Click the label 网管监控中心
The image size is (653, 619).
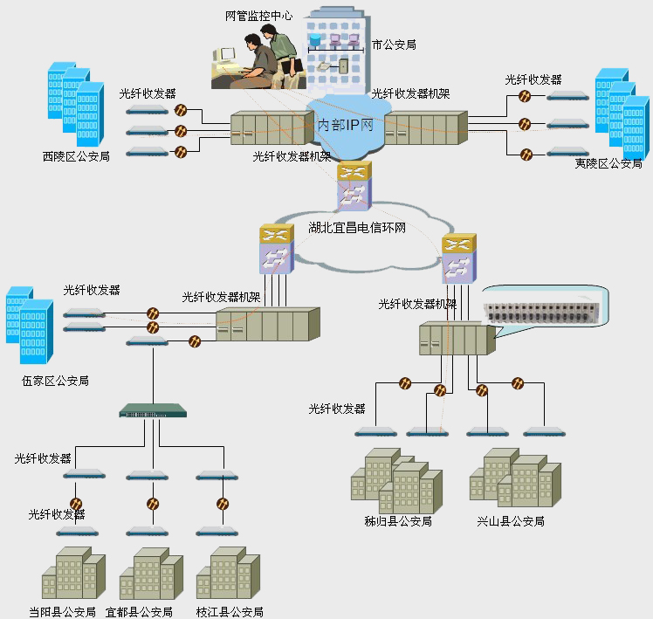tap(258, 16)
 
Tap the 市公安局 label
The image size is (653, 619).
tap(393, 44)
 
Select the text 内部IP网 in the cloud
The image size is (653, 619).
tap(345, 125)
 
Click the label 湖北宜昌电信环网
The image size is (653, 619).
tap(358, 229)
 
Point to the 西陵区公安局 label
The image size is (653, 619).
tap(76, 157)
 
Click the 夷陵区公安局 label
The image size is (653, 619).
tap(608, 163)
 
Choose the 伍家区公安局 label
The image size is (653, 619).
tap(55, 381)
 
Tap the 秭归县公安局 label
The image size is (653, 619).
tap(398, 521)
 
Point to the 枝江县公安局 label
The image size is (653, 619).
tap(230, 612)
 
